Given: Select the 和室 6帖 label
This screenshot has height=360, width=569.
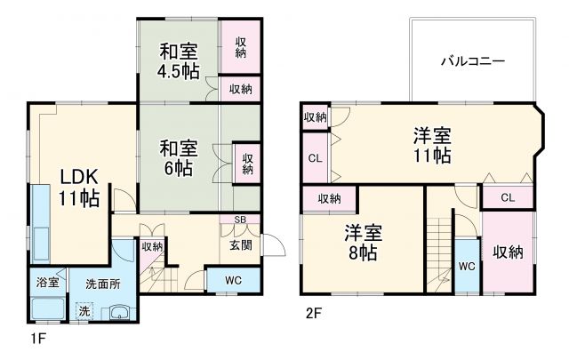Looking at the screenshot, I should (178, 156).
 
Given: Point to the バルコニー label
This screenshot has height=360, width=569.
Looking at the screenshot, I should (473, 61).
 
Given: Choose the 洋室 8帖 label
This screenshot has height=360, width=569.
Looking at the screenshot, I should (363, 242).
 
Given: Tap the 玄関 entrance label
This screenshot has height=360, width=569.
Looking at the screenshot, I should (240, 245).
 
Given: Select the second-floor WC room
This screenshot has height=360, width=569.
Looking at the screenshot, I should (467, 265).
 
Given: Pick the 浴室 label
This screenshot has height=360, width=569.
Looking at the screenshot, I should (47, 283).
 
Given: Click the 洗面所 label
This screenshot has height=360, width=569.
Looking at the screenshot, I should (103, 285).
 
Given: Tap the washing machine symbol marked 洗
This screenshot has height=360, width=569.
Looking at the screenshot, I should (84, 311).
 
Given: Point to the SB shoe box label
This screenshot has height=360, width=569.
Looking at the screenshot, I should (240, 220).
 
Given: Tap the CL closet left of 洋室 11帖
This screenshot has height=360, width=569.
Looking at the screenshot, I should (315, 159).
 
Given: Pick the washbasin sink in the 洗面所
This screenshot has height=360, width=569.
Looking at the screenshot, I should (117, 313).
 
